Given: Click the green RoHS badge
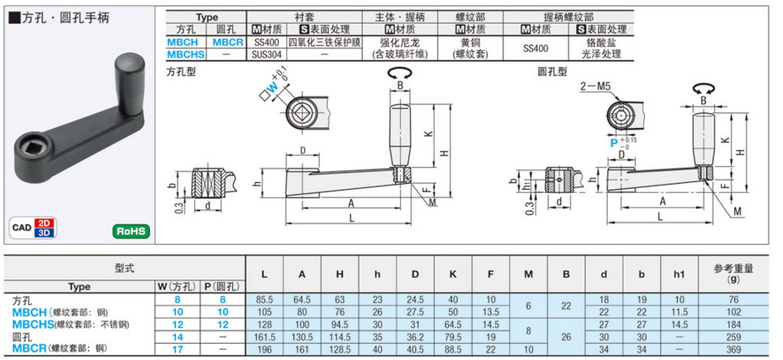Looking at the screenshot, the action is (x=130, y=231).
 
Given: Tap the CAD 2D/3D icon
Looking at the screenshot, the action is (x=32, y=228).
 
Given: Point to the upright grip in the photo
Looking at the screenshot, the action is (x=130, y=85).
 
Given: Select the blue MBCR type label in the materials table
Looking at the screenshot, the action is (x=228, y=42).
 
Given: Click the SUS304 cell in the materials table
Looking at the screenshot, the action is (x=267, y=54).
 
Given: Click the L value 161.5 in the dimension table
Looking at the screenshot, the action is (x=264, y=337).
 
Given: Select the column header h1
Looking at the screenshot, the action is (x=679, y=274).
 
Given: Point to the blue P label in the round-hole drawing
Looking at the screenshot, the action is (x=614, y=143).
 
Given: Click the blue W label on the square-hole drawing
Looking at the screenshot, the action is (x=273, y=90).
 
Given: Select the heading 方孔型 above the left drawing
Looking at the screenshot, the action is (x=180, y=72).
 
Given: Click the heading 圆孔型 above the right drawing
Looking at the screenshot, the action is (x=553, y=72).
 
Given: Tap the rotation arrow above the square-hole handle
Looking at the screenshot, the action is (x=400, y=73).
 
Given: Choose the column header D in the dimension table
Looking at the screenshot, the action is (x=415, y=274).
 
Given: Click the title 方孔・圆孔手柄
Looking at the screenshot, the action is (x=60, y=18).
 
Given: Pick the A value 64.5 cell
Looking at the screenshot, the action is (x=303, y=300).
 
